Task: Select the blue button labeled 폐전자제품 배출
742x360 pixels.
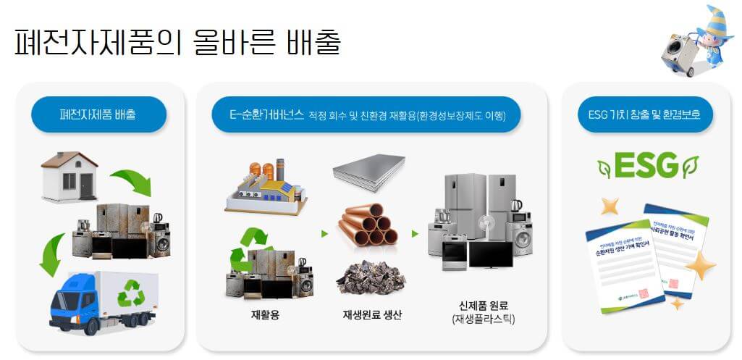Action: coord(99,114)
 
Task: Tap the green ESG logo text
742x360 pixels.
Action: coord(646,164)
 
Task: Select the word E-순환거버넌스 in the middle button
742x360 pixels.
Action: coord(264,114)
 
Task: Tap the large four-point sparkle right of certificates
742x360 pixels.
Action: coord(701,267)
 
